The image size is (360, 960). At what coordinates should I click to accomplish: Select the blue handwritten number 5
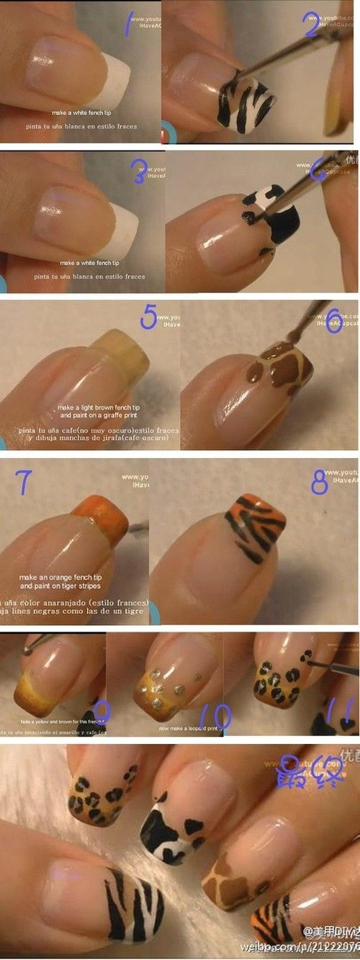coord(148,317)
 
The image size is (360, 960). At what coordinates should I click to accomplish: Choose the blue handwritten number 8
coord(320,482)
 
